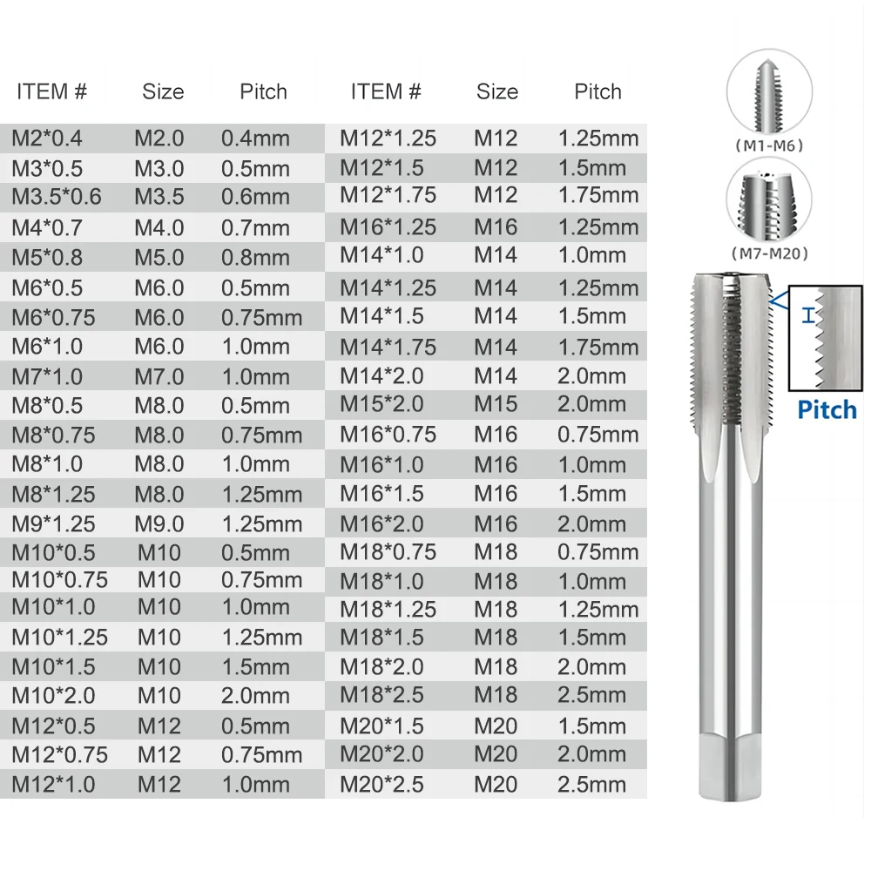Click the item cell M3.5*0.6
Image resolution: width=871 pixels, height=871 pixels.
tap(57, 197)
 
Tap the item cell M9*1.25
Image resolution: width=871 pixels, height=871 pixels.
tap(54, 523)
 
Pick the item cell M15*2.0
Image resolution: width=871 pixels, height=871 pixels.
tap(381, 405)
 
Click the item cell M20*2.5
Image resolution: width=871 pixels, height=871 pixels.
tap(381, 784)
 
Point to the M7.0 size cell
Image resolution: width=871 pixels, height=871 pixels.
tap(159, 377)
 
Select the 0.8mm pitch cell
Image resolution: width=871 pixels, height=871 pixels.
tap(255, 257)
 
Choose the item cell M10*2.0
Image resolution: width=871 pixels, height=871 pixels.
tap(54, 695)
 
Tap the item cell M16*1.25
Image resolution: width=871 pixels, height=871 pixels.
tap(388, 226)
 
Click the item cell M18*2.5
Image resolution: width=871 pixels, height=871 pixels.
tap(381, 695)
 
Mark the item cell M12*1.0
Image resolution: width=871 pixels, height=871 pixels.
tap(54, 784)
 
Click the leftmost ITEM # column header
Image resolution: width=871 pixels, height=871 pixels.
tap(52, 91)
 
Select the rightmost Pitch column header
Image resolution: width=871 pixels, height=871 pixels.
tap(598, 91)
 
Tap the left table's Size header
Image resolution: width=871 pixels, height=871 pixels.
tap(163, 91)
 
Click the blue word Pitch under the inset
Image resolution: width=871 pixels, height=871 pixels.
tap(827, 409)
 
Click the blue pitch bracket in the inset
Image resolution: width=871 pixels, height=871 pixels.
tap(810, 315)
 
